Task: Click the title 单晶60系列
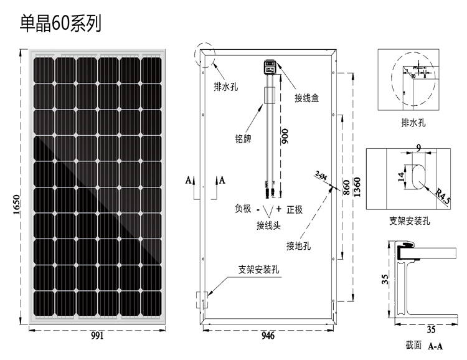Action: coord(60,24)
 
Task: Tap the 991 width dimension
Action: coord(97,336)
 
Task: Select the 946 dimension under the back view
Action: coord(268,336)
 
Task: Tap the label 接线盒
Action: coord(308,98)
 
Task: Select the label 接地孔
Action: coord(298,245)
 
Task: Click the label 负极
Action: coord(243,209)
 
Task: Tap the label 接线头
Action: coord(269,225)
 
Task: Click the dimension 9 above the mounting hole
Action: coord(418,147)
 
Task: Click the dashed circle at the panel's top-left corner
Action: coord(204,55)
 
